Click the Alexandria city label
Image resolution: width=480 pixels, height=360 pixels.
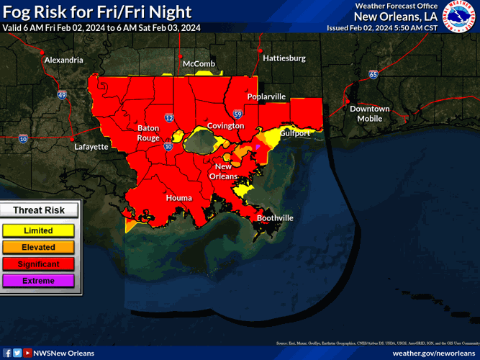click(63, 60)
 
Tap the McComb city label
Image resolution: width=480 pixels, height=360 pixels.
click(199, 64)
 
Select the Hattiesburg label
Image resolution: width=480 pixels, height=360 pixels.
click(284, 58)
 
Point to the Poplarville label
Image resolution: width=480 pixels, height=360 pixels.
click(266, 96)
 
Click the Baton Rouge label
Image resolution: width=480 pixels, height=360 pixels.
click(148, 132)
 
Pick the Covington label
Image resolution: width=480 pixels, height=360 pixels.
click(225, 126)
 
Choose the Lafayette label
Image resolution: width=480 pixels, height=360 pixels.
click(91, 147)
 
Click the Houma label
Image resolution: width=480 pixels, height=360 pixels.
click(178, 197)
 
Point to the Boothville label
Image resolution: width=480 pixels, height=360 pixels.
click(276, 217)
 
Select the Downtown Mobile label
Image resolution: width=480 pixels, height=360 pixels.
click(369, 114)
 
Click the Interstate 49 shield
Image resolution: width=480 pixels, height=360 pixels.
click(62, 94)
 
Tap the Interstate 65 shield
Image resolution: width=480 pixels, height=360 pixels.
click(373, 74)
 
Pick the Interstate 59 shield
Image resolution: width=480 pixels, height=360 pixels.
click(237, 113)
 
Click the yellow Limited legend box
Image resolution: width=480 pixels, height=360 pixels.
click(37, 230)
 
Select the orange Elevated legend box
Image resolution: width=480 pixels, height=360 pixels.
click(37, 247)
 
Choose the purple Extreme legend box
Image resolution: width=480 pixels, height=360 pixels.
click(37, 280)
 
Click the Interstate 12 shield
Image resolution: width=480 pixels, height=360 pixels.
click(169, 117)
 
